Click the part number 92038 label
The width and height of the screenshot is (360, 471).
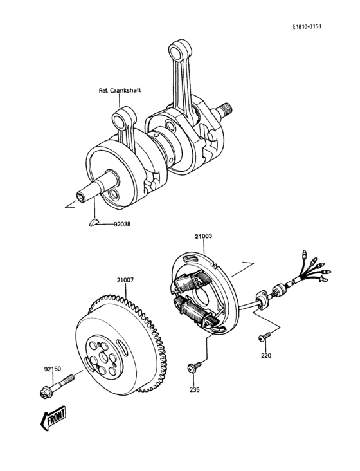coord(124,225)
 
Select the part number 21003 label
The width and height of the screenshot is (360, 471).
coord(204,237)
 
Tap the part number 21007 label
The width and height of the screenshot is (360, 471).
coord(125,280)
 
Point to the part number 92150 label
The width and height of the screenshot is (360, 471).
coord(53,369)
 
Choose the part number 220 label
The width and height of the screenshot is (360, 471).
coord(266,355)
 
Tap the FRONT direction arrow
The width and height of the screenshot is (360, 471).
coord(54,419)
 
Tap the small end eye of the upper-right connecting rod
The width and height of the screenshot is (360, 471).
coord(177,50)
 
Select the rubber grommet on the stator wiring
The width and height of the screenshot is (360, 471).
coord(262,298)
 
